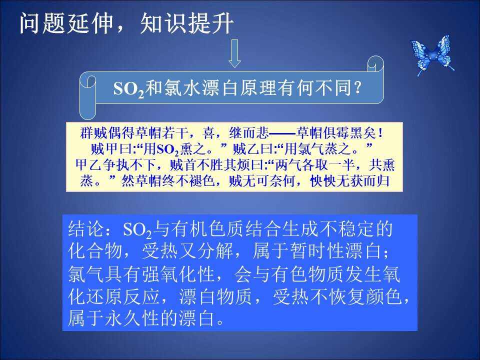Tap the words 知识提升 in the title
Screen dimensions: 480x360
[x=187, y=24]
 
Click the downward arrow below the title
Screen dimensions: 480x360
[x=235, y=53]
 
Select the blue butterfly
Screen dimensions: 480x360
[x=432, y=55]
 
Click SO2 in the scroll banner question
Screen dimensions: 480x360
[x=128, y=89]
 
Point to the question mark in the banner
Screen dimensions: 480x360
[x=357, y=88]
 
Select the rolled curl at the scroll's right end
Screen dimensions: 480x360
[x=375, y=64]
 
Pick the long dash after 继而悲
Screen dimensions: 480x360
[x=282, y=133]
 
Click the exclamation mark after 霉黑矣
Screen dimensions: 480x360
[x=380, y=133]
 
